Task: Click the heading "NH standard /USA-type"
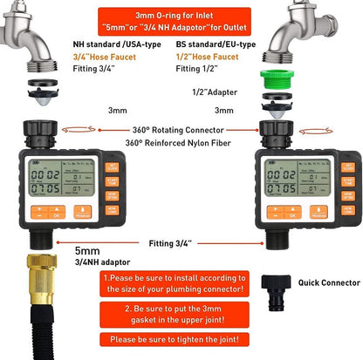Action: [105, 44]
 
